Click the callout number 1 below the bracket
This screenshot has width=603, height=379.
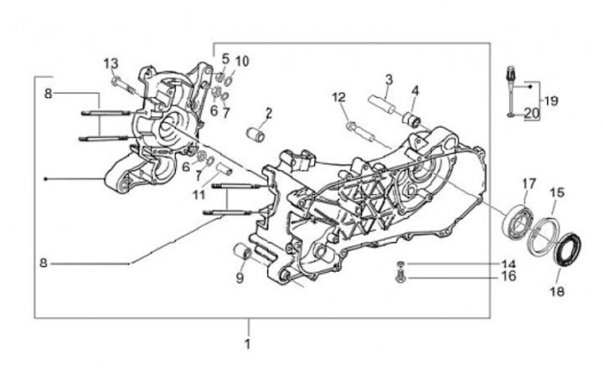(247, 344)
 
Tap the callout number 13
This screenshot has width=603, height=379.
(111, 64)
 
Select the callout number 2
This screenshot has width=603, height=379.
(269, 112)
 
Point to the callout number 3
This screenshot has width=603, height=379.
(389, 79)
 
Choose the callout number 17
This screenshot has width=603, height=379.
(529, 183)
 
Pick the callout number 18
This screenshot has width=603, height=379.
(558, 291)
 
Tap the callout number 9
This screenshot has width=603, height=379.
(240, 279)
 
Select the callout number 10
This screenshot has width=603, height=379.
(242, 60)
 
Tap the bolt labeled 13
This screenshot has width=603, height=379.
(124, 84)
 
